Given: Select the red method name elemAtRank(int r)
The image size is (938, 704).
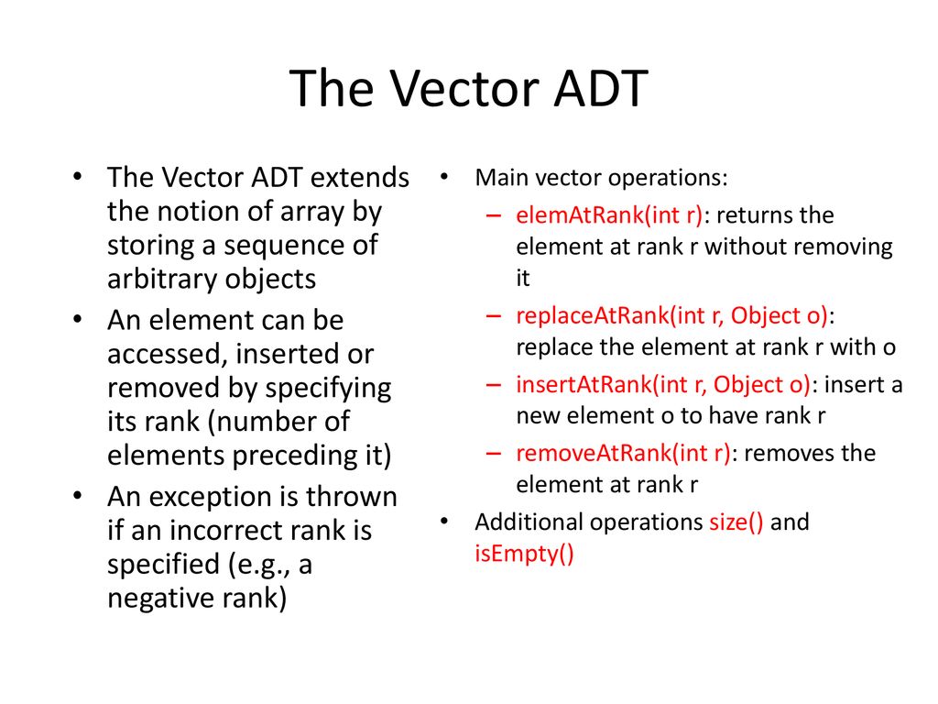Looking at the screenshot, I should pyautogui.click(x=609, y=215).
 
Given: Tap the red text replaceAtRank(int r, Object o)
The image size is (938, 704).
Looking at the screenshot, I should pyautogui.click(x=672, y=316).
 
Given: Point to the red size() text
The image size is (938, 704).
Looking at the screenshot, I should pyautogui.click(x=736, y=522).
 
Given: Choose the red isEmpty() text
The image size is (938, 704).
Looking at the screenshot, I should pyautogui.click(x=524, y=555).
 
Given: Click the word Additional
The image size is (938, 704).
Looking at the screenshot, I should pyautogui.click(x=529, y=522).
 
